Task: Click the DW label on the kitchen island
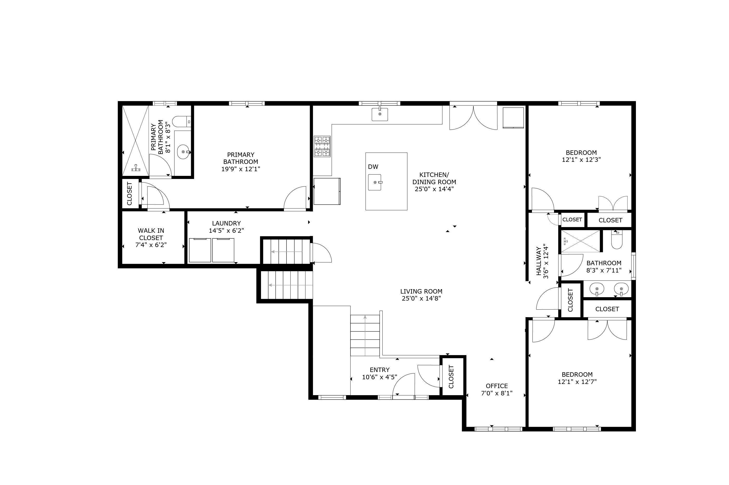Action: click(373, 167)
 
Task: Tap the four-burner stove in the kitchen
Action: click(322, 146)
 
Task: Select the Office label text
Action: click(497, 386)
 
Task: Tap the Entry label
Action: click(380, 370)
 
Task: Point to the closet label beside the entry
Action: click(451, 377)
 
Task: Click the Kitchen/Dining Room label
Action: click(434, 178)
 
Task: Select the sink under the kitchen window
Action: click(380, 114)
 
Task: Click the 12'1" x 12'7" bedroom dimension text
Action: click(577, 382)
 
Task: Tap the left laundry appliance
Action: click(200, 250)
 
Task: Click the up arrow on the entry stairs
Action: click(365, 335)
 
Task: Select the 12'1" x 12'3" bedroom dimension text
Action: click(581, 160)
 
